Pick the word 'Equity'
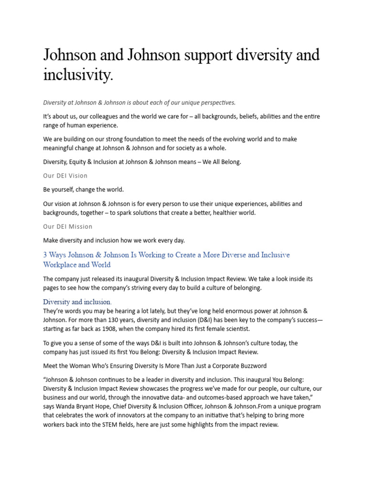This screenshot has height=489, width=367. (x=81, y=162)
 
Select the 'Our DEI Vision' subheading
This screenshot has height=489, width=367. (x=65, y=176)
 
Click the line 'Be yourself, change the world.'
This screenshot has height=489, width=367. (x=84, y=190)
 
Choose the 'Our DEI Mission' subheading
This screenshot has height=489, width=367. (x=68, y=226)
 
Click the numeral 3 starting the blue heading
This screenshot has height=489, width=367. (x=45, y=255)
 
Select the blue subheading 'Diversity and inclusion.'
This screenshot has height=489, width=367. (x=77, y=302)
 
